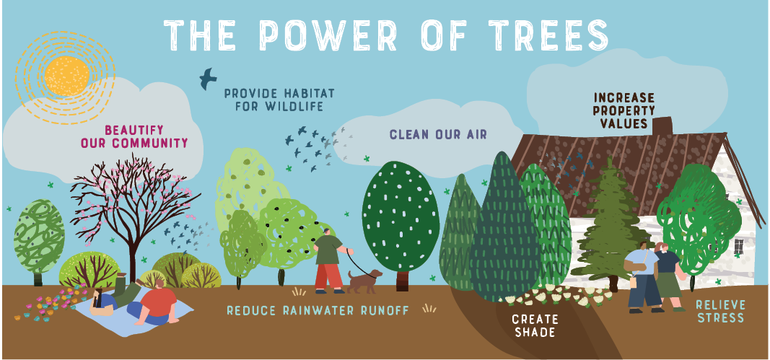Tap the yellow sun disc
[66, 76]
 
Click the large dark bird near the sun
[208, 78]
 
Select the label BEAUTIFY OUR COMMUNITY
[134, 136]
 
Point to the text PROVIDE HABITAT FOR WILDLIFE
[273, 100]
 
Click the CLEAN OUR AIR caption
[438, 134]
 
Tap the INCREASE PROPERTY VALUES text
[624, 110]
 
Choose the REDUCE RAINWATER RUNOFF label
[318, 310]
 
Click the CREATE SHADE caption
[534, 325]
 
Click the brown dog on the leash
[365, 280]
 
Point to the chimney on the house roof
[662, 125]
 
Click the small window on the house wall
[738, 247]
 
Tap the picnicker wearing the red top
[157, 303]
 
